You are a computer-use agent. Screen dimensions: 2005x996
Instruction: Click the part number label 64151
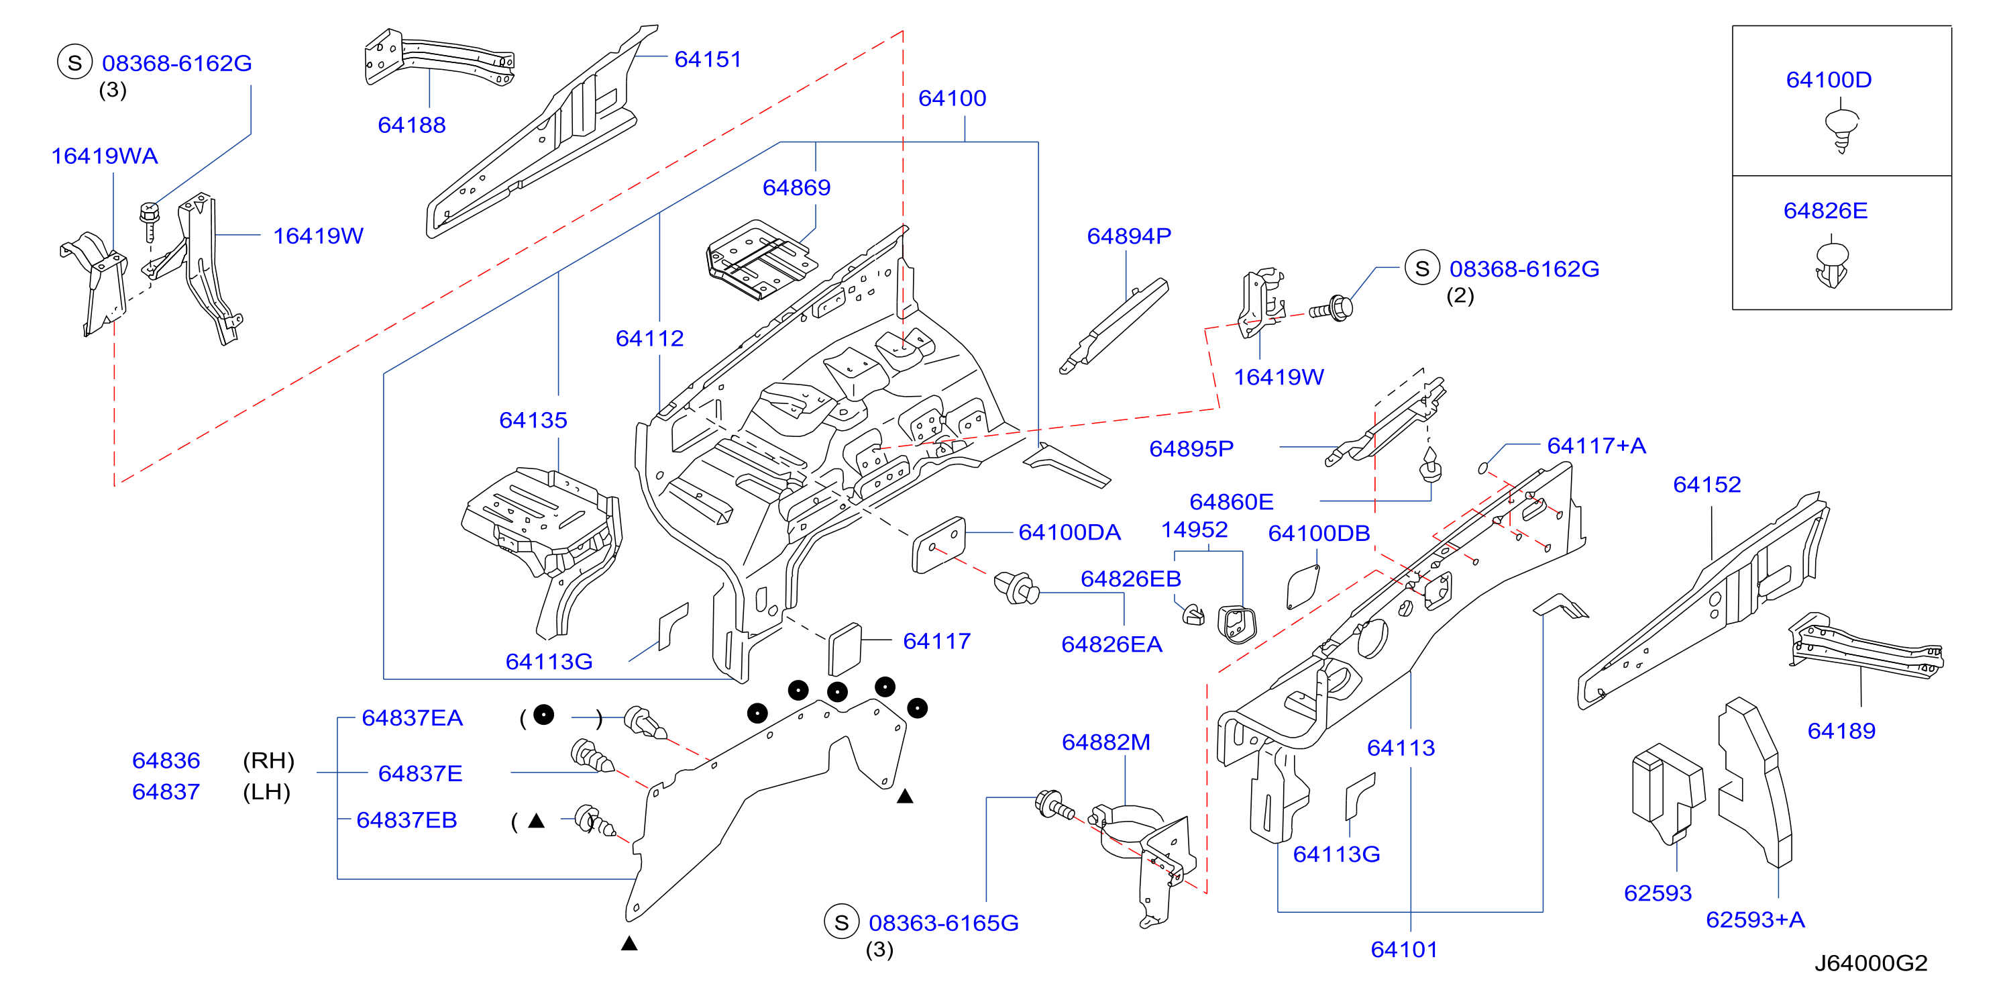[708, 59]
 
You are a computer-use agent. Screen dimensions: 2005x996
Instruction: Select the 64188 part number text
[412, 125]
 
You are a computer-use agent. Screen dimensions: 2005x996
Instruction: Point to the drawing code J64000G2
[1870, 963]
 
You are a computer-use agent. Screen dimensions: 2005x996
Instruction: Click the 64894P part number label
[1128, 236]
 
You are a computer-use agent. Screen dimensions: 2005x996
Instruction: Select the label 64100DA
[1069, 533]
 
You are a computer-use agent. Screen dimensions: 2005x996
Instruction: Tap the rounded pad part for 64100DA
[938, 544]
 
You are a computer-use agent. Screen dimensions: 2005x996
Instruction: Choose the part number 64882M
[1106, 742]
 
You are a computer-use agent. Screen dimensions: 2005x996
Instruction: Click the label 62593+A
[1755, 919]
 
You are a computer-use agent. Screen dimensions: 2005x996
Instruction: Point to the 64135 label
[533, 421]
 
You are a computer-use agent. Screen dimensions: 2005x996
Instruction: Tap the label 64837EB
[407, 820]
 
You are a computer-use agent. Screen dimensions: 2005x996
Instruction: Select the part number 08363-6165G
[943, 923]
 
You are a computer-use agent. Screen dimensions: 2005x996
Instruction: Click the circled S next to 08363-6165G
[841, 922]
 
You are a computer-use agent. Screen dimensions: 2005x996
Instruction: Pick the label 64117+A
[1596, 446]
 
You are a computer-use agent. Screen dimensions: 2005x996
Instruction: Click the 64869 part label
[796, 188]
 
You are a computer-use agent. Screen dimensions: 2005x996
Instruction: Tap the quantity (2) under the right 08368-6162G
[1460, 296]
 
